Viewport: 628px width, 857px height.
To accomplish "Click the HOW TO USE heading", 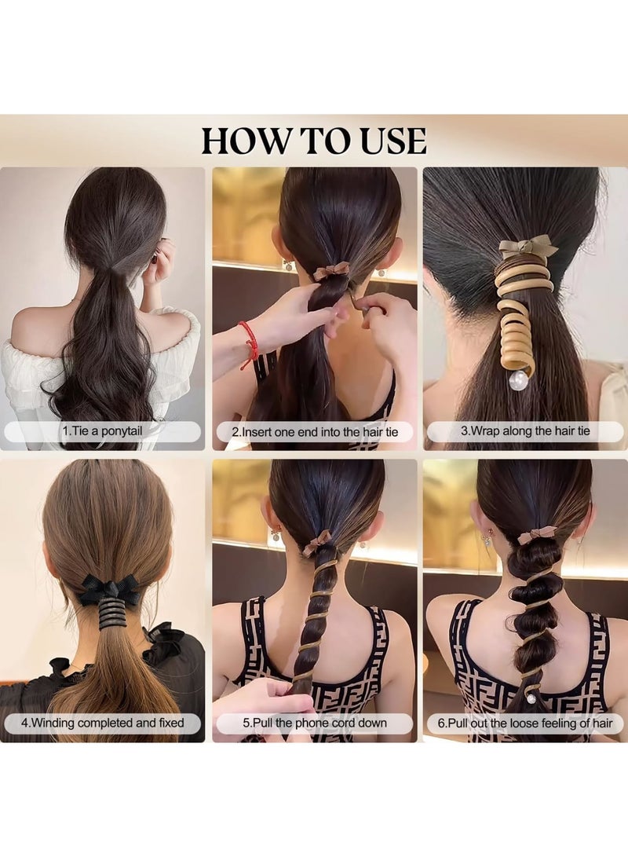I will point(314,141).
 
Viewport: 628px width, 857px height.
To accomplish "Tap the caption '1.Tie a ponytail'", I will point(103,431).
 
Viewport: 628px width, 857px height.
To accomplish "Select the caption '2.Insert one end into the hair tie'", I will point(314,431).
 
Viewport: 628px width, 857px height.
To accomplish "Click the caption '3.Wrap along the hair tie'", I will point(524,430).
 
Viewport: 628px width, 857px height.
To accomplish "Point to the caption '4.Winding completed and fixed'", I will point(103,722).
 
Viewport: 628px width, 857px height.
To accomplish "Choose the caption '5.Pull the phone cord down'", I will point(314,723).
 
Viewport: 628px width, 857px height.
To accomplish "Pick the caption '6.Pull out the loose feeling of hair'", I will point(524,723).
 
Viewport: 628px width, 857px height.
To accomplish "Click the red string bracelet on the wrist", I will point(250,341).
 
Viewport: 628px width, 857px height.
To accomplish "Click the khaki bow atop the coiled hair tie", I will point(528,248).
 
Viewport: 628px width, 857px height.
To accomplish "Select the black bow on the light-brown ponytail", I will point(108,588).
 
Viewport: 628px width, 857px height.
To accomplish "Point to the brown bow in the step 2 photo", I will point(331,271).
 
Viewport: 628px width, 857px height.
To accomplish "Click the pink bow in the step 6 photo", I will point(536,535).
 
